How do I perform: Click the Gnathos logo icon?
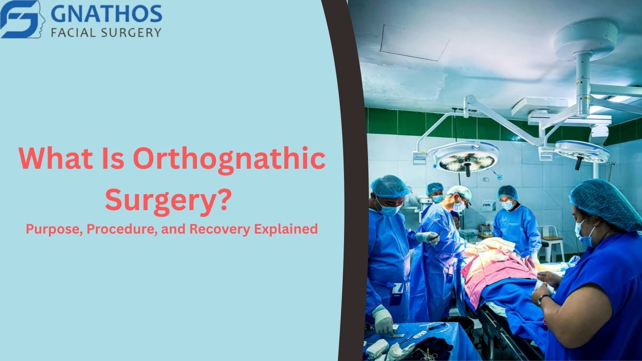(23, 19)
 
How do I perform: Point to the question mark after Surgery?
(224, 198)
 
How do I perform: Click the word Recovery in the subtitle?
(219, 229)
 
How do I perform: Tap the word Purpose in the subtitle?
(54, 229)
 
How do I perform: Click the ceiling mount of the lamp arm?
(586, 40)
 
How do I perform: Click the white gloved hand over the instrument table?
(383, 320)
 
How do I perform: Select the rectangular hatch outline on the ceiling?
(415, 42)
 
